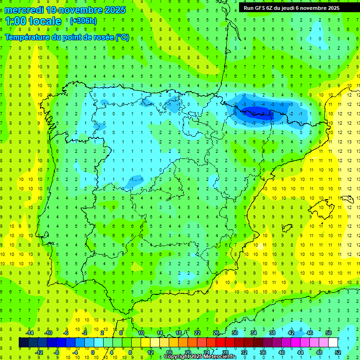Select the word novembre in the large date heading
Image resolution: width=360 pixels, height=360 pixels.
pyautogui.click(x=83, y=10)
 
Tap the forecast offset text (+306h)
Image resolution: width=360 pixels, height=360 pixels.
pyautogui.click(x=83, y=21)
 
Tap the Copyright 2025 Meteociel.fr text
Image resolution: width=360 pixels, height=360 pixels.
pyautogui.click(x=200, y=357)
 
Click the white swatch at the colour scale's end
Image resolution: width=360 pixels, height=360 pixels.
pyautogui.click(x=333, y=343)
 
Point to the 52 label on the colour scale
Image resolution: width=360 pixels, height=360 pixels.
pyautogui.click(x=338, y=352)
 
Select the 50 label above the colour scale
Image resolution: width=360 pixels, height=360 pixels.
pyautogui.click(x=329, y=333)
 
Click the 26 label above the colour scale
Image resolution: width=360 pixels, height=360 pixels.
pyautogui.click(x=216, y=333)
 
